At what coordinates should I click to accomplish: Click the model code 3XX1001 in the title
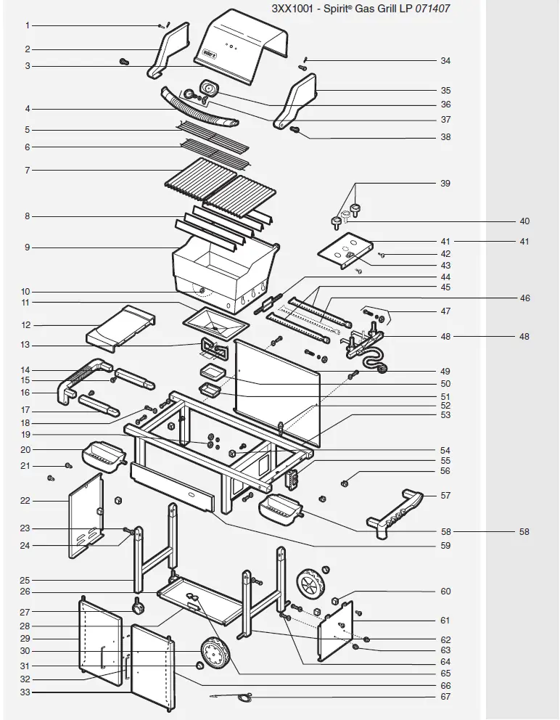coord(293,9)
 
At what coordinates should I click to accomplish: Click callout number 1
coord(28,25)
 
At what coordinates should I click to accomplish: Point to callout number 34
coord(445,61)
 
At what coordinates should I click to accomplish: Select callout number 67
coord(445,697)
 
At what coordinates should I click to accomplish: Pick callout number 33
coord(25,692)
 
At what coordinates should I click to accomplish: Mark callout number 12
coord(26,325)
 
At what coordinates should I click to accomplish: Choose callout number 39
coord(445,184)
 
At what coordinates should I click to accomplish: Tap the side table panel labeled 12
coord(121,324)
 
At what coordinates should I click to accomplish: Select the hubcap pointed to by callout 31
coord(200,666)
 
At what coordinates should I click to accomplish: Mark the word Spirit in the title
coord(356,9)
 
